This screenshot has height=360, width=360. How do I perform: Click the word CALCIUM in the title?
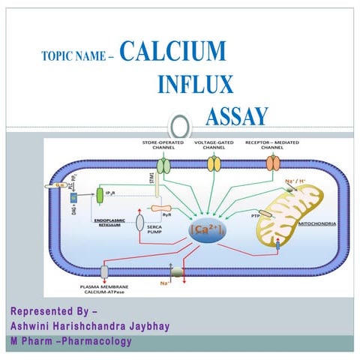tap(172, 50)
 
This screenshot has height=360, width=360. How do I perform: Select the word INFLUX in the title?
tap(195, 84)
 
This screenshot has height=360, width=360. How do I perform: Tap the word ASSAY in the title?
tap(236, 116)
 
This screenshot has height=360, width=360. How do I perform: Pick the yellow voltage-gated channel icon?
tap(214, 164)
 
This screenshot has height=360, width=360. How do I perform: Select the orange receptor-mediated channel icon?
tap(271, 164)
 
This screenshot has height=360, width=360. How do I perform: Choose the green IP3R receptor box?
tap(100, 196)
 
